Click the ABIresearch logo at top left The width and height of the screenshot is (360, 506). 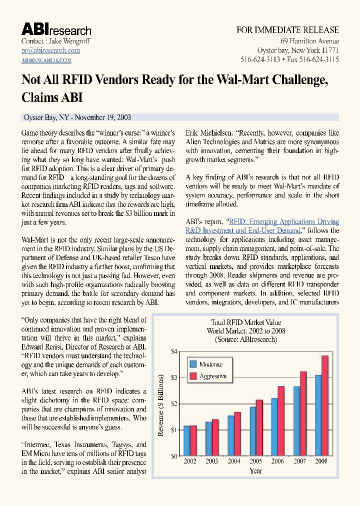[56, 29]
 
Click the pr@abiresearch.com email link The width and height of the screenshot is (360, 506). [50, 50]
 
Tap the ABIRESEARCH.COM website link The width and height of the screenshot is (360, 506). [46, 60]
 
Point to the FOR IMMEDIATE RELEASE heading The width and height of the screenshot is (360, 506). [287, 30]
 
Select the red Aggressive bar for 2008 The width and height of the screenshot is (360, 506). [324, 405]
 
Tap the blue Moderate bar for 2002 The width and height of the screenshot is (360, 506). [187, 440]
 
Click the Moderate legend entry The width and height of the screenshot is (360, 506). [205, 364]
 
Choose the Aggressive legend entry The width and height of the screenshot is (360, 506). [207, 376]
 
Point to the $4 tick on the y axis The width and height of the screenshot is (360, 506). [173, 351]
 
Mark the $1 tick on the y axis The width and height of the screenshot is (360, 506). [173, 430]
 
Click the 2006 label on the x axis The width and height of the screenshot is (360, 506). [277, 461]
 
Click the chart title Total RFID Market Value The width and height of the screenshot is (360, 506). [245, 323]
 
